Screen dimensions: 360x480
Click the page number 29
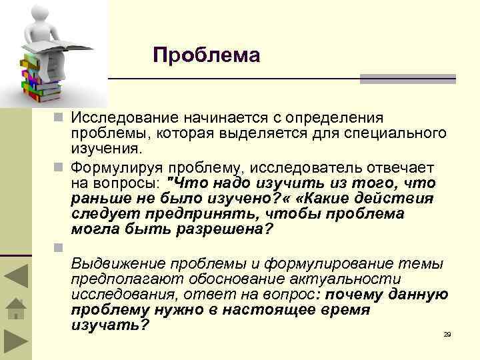click(447, 333)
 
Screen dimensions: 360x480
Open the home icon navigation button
click(15, 309)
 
